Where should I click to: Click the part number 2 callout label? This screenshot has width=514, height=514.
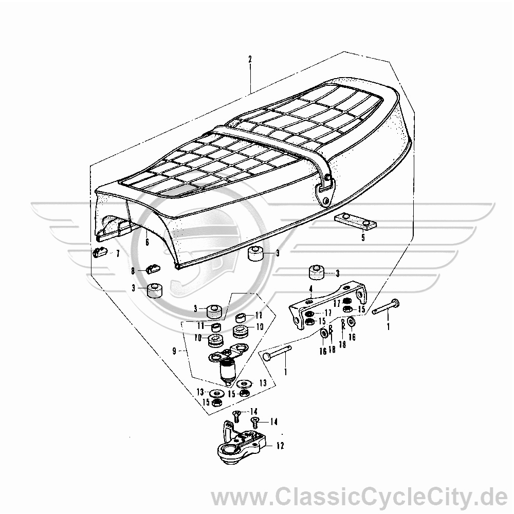coord(250,59)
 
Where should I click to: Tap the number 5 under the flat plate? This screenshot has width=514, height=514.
coord(363,237)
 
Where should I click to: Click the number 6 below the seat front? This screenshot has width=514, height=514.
coord(147,242)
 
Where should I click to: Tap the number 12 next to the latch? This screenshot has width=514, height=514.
coord(280,446)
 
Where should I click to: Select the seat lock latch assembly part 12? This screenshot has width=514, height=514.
coord(242,443)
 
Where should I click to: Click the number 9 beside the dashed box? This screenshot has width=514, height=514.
coord(174,352)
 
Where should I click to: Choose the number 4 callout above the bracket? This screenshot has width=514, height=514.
coord(311,289)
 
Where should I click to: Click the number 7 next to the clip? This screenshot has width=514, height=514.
coord(118,253)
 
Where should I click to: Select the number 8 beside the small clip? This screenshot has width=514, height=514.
coord(133,271)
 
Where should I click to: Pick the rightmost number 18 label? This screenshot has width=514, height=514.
coord(342,344)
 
